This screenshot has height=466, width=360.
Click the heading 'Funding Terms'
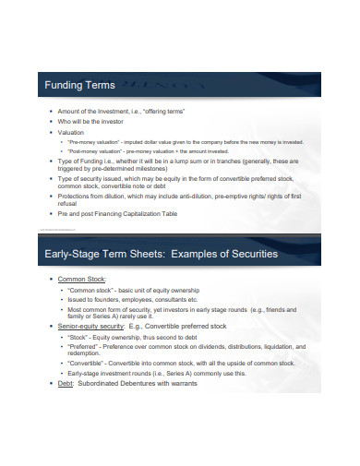(x=80, y=86)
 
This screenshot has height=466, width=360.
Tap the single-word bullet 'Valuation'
(x=71, y=132)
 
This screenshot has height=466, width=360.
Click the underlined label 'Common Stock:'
(x=81, y=278)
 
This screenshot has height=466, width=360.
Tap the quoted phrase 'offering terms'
(x=165, y=111)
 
